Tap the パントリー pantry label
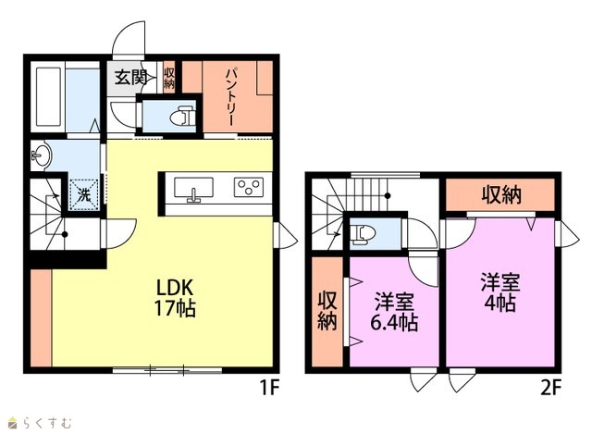(x=230, y=96)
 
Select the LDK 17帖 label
(x=175, y=298)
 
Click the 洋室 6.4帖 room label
(x=394, y=313)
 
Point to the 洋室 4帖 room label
(x=500, y=292)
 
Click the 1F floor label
(x=269, y=387)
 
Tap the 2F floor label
(x=551, y=388)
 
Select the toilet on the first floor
(x=182, y=116)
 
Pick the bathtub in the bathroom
(x=49, y=96)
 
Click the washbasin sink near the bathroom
(x=41, y=155)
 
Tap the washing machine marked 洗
(x=84, y=194)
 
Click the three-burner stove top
(x=248, y=187)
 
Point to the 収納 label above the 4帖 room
(x=501, y=195)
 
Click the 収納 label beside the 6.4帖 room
(x=327, y=311)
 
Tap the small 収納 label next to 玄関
(x=169, y=78)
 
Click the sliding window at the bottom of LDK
(x=167, y=370)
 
